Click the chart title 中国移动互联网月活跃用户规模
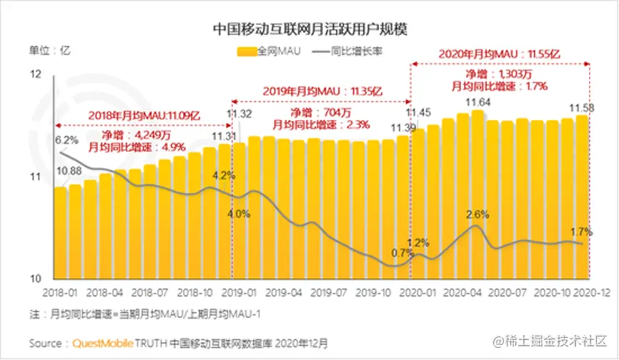(309, 29)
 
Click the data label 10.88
(69, 171)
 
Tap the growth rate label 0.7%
(403, 253)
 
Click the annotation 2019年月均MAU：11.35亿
(321, 92)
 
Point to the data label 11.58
(583, 108)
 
